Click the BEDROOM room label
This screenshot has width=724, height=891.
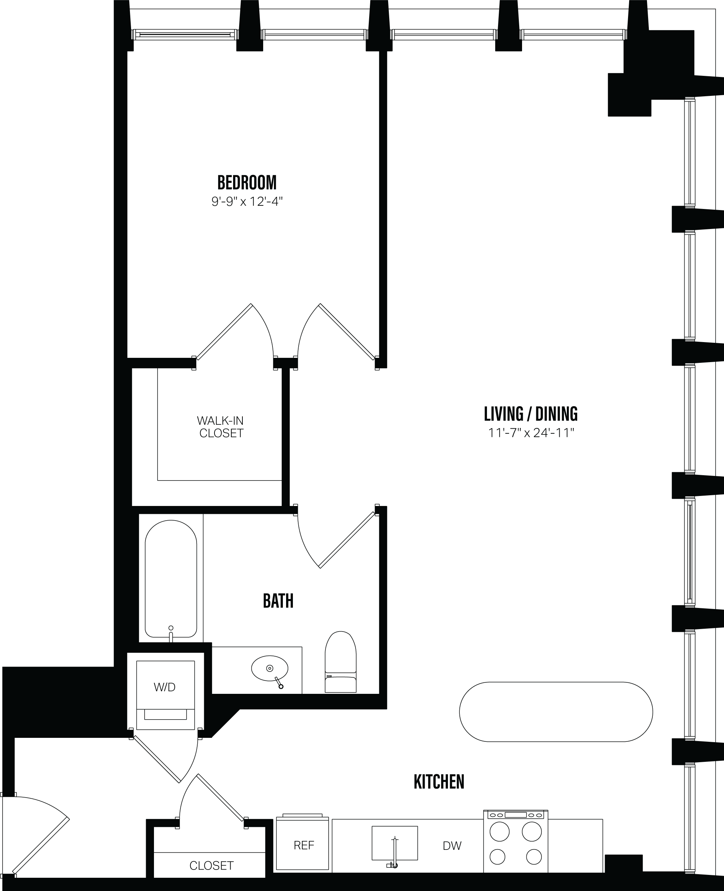247,182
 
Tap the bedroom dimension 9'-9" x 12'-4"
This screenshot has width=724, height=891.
247,202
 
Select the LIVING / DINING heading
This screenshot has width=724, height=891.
531,414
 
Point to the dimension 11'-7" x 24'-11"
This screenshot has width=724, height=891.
531,433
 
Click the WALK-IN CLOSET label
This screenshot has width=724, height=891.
221,427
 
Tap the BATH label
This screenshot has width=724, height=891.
278,601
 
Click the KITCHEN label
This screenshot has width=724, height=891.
439,782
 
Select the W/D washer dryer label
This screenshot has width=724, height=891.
165,687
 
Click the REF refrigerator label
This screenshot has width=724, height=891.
304,845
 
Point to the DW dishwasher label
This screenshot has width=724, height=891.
452,846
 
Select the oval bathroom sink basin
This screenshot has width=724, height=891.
269,668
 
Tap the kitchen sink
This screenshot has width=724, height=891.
395,843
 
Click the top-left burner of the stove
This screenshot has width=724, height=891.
499,831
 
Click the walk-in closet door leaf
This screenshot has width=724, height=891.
224,332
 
